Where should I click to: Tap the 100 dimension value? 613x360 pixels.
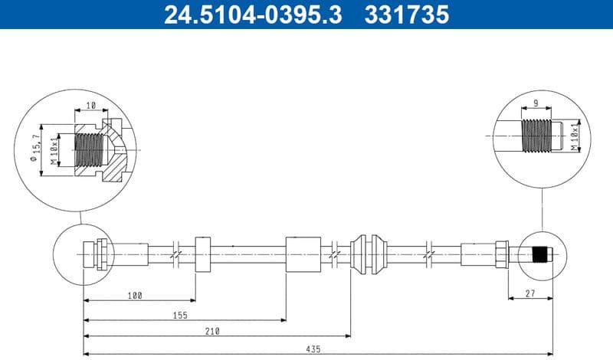tap(136, 295)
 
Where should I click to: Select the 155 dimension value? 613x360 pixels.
tap(180, 314)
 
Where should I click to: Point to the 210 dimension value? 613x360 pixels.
tap(213, 331)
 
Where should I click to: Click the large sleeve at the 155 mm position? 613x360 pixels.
tap(302, 254)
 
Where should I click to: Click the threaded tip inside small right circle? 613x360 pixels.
tap(543, 253)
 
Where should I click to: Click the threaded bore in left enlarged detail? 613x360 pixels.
tap(90, 150)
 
